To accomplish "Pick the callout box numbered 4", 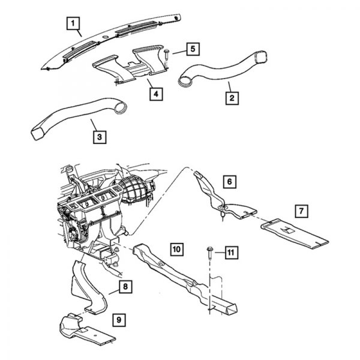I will click(155, 94).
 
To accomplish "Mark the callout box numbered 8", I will click(124, 287).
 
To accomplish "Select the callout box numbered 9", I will click(119, 320).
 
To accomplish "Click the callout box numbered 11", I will click(229, 253).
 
